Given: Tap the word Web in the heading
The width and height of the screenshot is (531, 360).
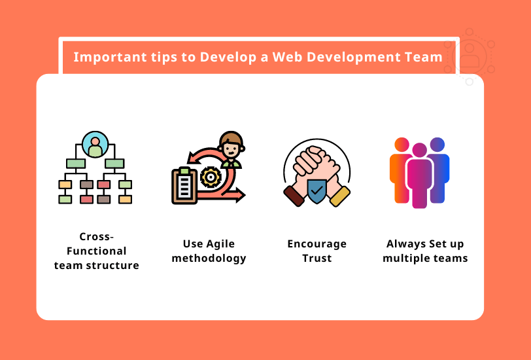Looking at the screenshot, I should click(286, 57).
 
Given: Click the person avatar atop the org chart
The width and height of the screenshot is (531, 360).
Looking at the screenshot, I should click(95, 145).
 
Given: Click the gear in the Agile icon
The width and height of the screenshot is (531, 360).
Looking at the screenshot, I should click(211, 177).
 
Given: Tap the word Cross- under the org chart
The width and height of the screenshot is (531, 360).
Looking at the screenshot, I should click(96, 236).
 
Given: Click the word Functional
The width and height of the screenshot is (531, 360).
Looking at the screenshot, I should click(96, 251).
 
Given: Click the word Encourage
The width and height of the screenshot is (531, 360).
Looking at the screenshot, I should click(317, 244).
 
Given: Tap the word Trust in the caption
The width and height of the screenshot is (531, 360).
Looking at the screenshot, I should click(317, 258).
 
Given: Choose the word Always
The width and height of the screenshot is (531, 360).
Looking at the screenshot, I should click(406, 244).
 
